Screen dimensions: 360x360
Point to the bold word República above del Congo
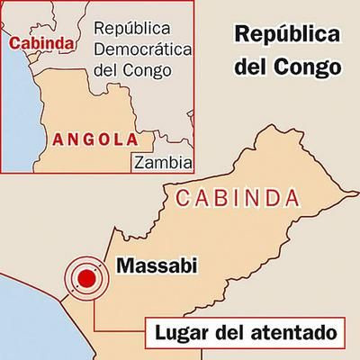289,37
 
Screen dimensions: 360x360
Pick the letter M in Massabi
125,265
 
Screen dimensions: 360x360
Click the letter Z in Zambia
138,162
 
